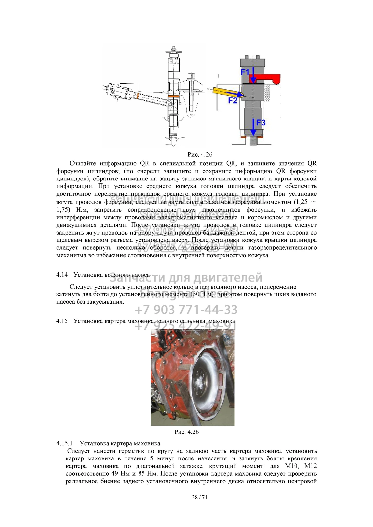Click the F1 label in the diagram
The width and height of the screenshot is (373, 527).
pyautogui.click(x=245, y=72)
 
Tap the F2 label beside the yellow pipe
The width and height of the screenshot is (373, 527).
pyautogui.click(x=233, y=100)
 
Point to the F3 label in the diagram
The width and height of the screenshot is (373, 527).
pyautogui.click(x=261, y=123)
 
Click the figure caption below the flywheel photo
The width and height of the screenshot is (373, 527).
pyautogui.click(x=187, y=432)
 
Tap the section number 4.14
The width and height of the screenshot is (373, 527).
pyautogui.click(x=62, y=275)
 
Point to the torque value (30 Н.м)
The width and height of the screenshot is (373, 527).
pyautogui.click(x=203, y=294)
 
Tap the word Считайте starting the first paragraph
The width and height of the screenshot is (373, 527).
pyautogui.click(x=82, y=163)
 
